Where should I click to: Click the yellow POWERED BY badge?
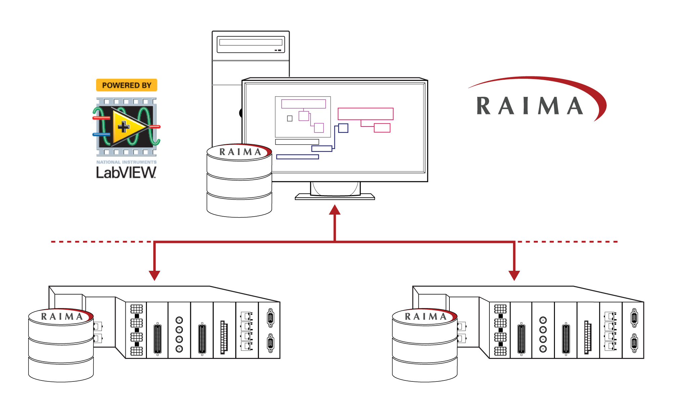[126, 85]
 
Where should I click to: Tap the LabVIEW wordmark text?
[126, 173]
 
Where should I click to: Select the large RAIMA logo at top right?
[534, 101]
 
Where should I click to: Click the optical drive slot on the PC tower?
[251, 42]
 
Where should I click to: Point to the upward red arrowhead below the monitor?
[335, 210]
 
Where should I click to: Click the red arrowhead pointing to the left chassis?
[154, 275]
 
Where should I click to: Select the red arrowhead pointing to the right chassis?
[514, 275]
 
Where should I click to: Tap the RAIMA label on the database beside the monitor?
[240, 152]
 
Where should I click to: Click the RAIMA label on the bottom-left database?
[62, 317]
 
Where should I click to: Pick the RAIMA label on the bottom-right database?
[425, 317]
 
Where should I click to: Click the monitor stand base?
[335, 197]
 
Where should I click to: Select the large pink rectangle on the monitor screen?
[365, 114]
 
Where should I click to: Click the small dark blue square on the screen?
[343, 128]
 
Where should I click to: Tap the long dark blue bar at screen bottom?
[297, 157]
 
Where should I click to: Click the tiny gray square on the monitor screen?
[290, 118]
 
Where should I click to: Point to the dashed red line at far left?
[101, 242]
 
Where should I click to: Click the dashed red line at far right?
[568, 242]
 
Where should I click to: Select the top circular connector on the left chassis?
[180, 320]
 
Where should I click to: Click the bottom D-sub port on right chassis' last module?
[634, 343]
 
